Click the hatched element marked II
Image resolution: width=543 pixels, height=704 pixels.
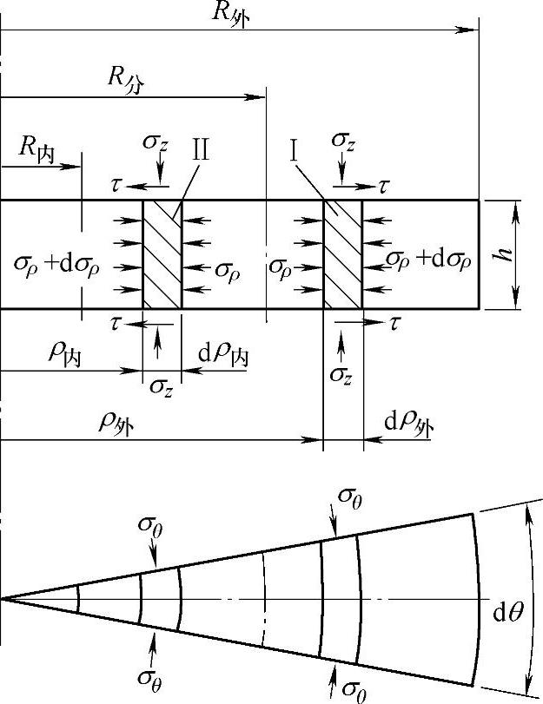click(x=162, y=254)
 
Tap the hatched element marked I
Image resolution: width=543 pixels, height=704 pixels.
click(x=342, y=254)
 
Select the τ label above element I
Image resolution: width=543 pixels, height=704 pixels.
click(x=384, y=186)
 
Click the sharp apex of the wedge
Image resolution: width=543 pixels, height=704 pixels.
click(x=2, y=598)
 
